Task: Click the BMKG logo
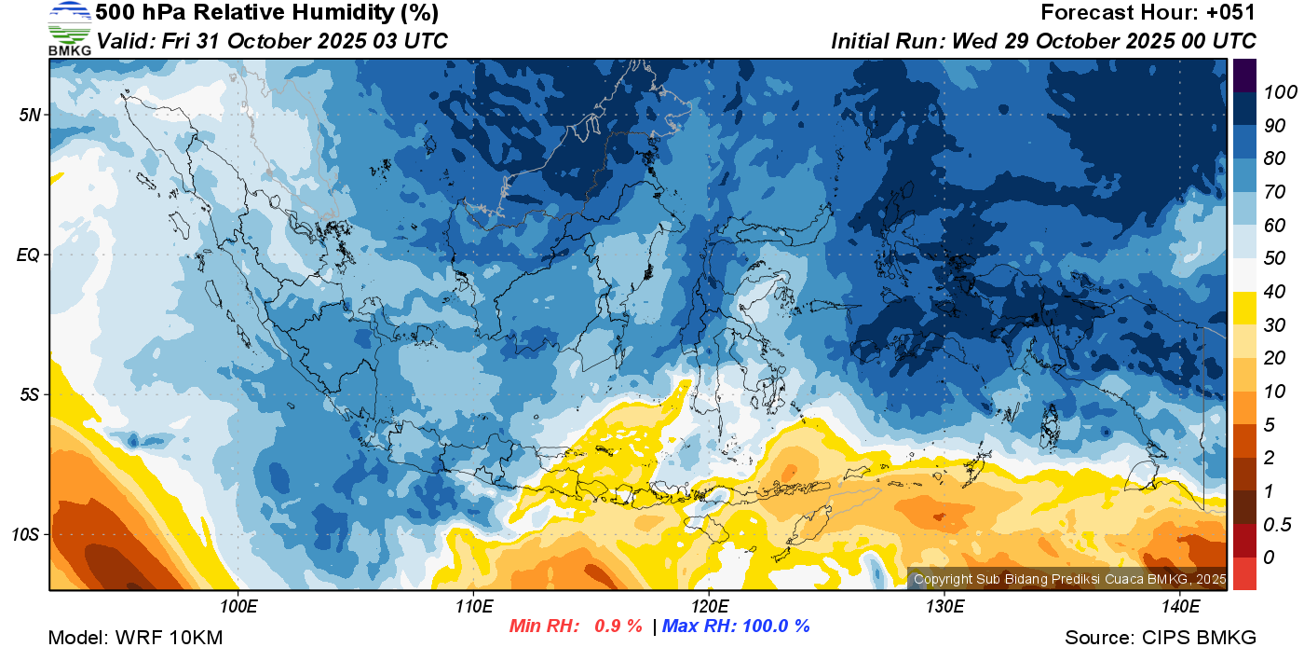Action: click(69, 29)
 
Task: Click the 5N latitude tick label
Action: click(30, 116)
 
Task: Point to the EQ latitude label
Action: click(29, 255)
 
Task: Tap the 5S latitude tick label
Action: click(30, 395)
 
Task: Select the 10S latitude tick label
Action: click(25, 535)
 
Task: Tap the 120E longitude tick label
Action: click(709, 608)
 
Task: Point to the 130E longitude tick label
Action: click(944, 608)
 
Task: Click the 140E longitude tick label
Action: click(1180, 608)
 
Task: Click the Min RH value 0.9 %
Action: click(618, 627)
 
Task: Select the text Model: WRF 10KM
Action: click(135, 638)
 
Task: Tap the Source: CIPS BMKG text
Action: click(1161, 638)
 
